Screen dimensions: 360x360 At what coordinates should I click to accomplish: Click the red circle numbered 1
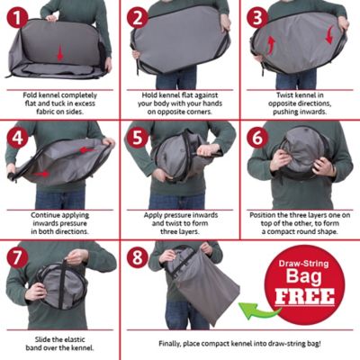(18, 17)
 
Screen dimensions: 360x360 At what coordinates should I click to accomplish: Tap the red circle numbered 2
(138, 17)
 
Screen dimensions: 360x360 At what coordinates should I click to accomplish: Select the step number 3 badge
(257, 17)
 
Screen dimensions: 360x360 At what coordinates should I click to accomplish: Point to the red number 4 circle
(18, 138)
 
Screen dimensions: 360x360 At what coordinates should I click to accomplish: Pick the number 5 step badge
(138, 138)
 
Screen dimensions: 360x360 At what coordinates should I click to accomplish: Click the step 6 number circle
(257, 138)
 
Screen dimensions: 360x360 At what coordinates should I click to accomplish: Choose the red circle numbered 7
(18, 257)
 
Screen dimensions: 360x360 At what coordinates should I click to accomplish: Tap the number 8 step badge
(138, 257)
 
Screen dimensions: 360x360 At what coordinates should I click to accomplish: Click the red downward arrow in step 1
(60, 53)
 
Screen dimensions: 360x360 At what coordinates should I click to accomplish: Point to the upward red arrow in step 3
(271, 45)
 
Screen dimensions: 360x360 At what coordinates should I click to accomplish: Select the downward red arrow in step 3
(330, 35)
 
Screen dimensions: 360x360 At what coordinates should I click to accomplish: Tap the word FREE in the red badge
(305, 296)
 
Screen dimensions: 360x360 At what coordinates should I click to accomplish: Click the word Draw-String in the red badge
(303, 264)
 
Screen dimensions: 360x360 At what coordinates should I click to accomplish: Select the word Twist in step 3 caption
(284, 95)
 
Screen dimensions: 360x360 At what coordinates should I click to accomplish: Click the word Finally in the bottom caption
(169, 344)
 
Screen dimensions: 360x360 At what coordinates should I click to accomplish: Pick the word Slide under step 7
(42, 339)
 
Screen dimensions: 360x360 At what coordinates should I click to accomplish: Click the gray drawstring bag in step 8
(207, 294)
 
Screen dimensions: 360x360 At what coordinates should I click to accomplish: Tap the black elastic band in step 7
(62, 283)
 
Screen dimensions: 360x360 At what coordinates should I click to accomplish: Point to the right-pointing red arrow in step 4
(41, 174)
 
